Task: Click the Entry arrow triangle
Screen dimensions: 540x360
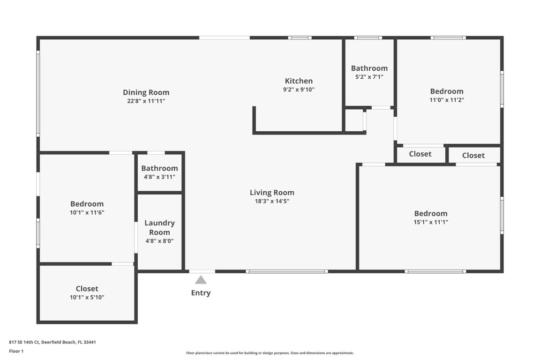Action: (x=201, y=280)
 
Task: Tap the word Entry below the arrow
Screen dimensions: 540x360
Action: (x=201, y=293)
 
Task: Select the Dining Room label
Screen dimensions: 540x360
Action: (x=146, y=92)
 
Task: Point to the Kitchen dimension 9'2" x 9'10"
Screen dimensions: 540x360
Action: (x=299, y=90)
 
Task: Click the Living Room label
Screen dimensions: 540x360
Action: (x=272, y=193)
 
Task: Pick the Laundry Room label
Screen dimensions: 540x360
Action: (x=159, y=227)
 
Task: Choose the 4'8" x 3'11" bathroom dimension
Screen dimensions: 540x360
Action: (x=159, y=177)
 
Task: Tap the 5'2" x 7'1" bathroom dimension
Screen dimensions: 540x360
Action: (x=369, y=77)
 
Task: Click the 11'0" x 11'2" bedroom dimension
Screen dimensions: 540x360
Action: (x=447, y=100)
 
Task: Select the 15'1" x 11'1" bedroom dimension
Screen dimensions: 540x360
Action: (x=431, y=222)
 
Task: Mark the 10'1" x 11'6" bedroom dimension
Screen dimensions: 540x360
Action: (x=87, y=212)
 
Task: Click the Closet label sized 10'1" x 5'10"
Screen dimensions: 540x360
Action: (x=87, y=289)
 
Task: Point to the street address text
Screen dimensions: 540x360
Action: (x=52, y=342)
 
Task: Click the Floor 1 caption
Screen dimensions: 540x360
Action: (x=16, y=352)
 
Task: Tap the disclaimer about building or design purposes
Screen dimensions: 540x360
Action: (x=270, y=353)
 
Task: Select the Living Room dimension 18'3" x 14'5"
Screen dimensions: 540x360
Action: (x=272, y=201)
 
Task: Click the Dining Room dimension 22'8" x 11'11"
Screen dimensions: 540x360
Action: (x=146, y=101)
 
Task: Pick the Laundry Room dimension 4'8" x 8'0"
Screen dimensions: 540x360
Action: (x=159, y=241)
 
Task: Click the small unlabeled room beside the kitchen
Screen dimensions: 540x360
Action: (x=354, y=120)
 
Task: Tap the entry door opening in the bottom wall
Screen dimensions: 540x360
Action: (x=202, y=271)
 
